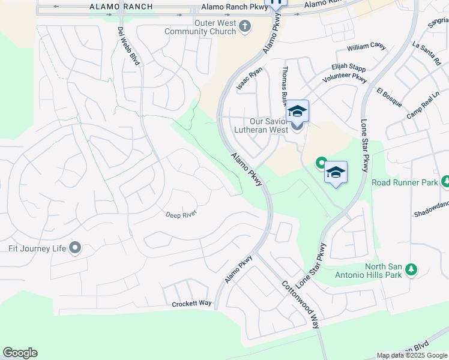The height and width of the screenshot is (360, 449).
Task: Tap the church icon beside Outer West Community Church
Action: (x=244, y=26)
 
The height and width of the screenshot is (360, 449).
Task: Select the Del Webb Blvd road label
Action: (x=128, y=47)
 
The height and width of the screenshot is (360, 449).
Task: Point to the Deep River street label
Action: (x=181, y=214)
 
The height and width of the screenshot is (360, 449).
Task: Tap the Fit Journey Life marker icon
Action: (x=75, y=248)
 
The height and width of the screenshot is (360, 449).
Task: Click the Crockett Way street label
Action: (x=192, y=304)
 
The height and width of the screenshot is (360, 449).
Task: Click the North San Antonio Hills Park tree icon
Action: (x=411, y=269)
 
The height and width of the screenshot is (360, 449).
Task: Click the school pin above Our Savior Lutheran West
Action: (x=297, y=111)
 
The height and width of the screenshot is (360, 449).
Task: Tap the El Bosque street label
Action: (x=389, y=97)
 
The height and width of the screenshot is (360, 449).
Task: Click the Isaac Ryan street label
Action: (x=249, y=79)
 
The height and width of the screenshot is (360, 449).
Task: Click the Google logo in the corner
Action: (x=20, y=353)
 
